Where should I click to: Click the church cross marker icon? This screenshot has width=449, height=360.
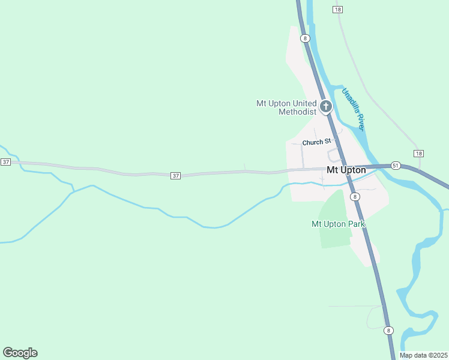tap(326, 107)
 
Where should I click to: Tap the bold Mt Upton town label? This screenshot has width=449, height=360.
tap(346, 170)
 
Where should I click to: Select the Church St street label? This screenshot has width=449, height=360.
tap(316, 142)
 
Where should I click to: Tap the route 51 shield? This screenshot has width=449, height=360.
tap(395, 165)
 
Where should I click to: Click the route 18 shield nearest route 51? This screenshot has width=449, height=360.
tap(418, 154)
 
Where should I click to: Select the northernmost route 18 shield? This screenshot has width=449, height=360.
tap(337, 10)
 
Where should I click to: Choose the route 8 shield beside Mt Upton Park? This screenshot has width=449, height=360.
tap(355, 196)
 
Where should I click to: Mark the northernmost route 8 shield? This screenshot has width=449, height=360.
tap(306, 38)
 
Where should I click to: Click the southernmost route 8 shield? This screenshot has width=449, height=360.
tap(388, 331)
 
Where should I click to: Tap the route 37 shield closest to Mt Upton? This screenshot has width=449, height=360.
tap(175, 175)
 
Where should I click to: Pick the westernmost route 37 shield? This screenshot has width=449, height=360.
tap(5, 162)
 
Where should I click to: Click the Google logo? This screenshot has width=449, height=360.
tap(20, 353)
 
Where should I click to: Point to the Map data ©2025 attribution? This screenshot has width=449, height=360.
tap(423, 355)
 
